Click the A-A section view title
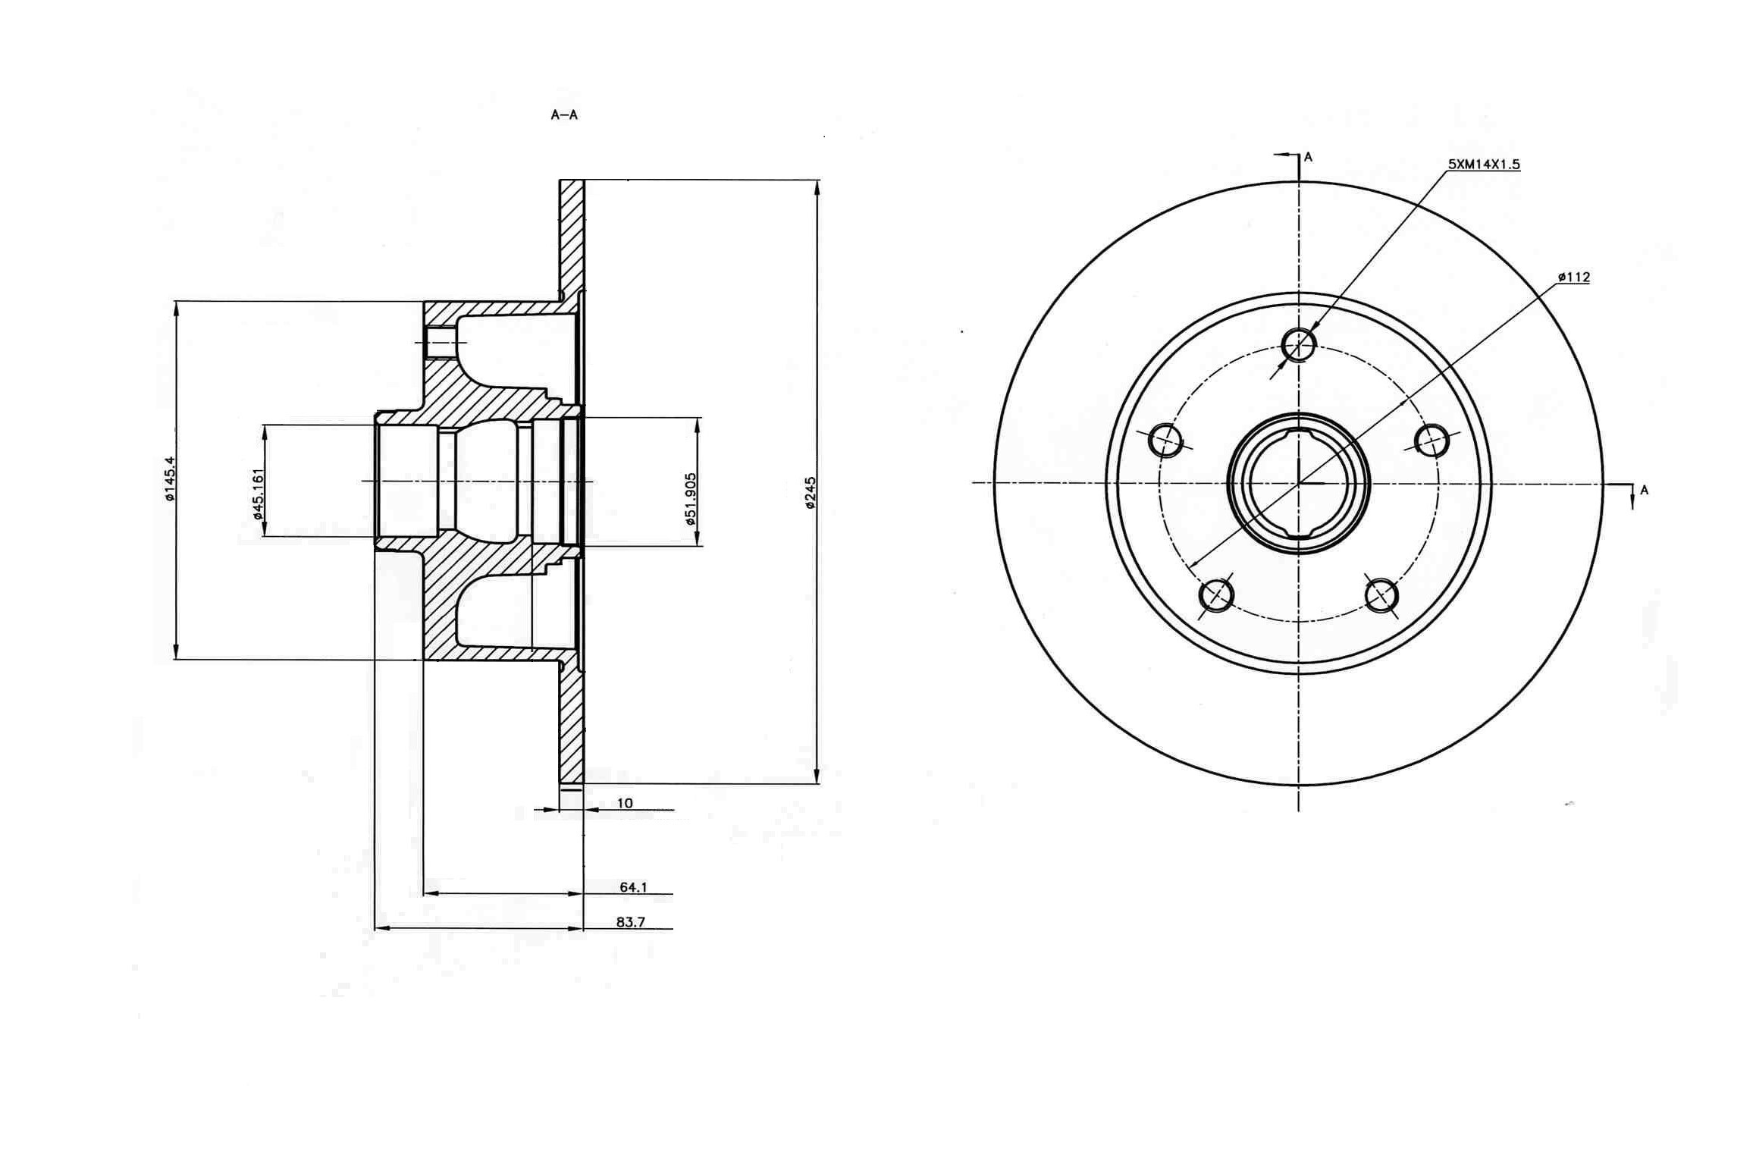[x=564, y=115]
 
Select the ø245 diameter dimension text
[x=810, y=493]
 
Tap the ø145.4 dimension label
[x=169, y=478]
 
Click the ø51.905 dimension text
[x=691, y=499]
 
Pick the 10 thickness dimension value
[x=625, y=803]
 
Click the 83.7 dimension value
[x=631, y=922]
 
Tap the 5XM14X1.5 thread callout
[x=1485, y=164]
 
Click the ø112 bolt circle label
[x=1574, y=278]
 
